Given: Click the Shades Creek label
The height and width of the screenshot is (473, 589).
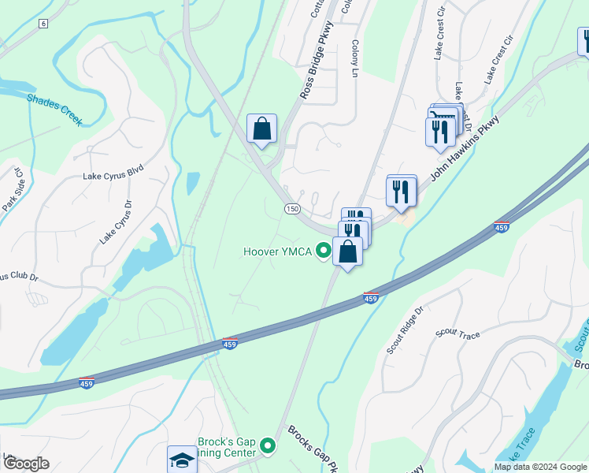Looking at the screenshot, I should (54, 109).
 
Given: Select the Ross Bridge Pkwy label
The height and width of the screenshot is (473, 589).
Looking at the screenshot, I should (317, 61).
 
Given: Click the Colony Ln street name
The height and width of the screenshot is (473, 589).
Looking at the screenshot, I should (355, 58).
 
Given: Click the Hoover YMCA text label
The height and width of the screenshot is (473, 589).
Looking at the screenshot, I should (277, 252).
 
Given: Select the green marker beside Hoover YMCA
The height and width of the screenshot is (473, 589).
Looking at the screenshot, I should (323, 251).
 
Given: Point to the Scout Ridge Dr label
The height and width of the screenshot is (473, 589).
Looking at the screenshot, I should (405, 330).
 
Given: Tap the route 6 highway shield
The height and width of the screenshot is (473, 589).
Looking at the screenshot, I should (43, 24).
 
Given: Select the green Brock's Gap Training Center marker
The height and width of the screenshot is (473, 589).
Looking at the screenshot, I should (268, 447).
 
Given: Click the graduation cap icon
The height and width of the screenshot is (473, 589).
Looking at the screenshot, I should (182, 460).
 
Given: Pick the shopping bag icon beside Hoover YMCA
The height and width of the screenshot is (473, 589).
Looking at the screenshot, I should (348, 251).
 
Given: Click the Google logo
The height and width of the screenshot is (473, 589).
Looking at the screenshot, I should (26, 463).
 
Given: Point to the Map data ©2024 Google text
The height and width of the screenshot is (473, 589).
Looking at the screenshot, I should (539, 467).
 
